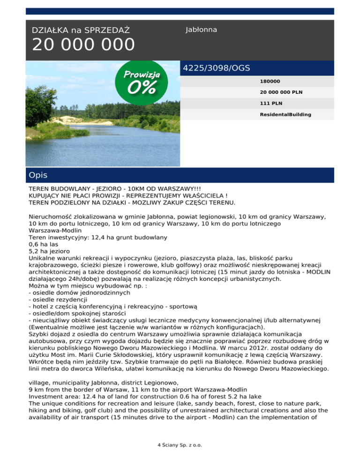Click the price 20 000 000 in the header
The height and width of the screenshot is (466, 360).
83,45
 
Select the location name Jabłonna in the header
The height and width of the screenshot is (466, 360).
201,30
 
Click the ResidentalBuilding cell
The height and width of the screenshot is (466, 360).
285,114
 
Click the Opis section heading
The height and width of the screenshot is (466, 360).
37,175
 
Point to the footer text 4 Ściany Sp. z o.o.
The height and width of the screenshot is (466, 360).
180,445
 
